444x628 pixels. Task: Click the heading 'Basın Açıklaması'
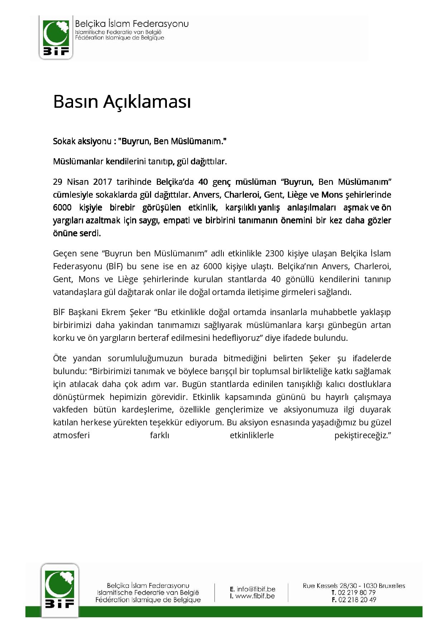[122, 102]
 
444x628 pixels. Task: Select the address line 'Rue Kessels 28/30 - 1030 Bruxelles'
[354, 586]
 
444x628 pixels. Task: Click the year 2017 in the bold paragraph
[103, 182]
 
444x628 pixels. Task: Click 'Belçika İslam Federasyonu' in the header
[131, 24]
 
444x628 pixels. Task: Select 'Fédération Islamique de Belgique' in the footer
[148, 600]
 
